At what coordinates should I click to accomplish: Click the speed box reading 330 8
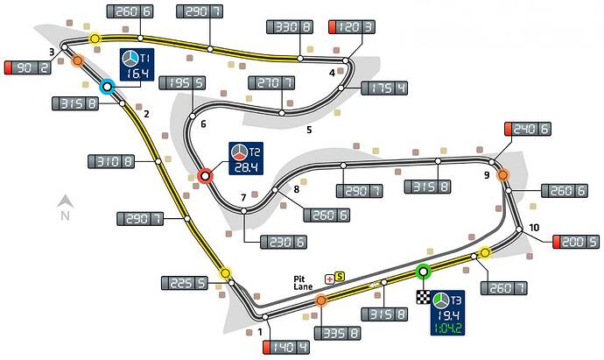(290, 27)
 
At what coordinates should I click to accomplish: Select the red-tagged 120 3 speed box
(351, 27)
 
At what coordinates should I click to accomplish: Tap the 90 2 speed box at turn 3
(27, 67)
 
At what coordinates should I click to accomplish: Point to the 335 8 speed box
(337, 333)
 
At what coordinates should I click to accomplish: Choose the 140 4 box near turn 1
(286, 348)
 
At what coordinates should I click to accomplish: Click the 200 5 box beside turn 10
(576, 242)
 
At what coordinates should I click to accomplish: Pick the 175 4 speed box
(384, 88)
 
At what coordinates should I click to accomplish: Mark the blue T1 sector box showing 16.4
(137, 64)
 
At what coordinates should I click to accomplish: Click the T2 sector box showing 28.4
(246, 159)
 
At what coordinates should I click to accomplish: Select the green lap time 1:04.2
(447, 328)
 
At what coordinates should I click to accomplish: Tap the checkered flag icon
(424, 297)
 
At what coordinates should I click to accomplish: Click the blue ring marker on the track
(107, 87)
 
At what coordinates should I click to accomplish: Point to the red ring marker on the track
(206, 176)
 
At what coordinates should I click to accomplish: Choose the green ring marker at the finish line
(423, 272)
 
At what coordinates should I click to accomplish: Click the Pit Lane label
(303, 283)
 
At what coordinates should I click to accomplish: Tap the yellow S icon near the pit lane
(340, 276)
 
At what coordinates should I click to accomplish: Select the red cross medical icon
(330, 279)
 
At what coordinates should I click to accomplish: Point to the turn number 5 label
(309, 130)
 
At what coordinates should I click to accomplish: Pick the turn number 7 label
(243, 198)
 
